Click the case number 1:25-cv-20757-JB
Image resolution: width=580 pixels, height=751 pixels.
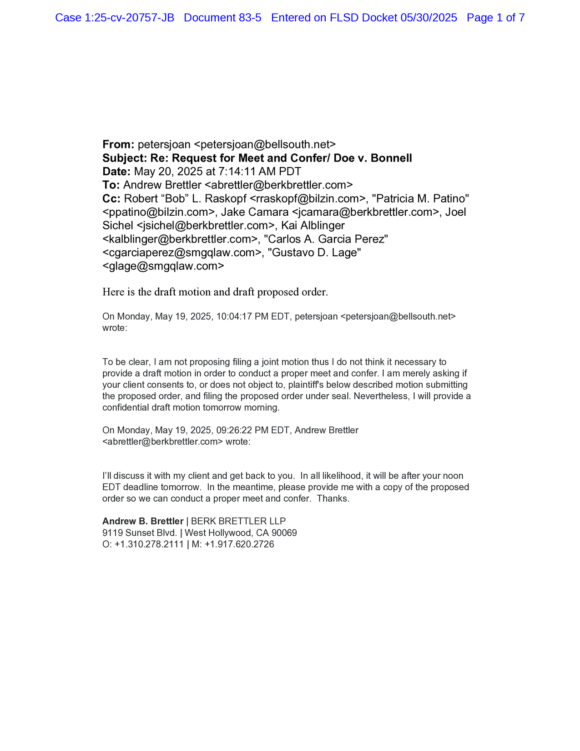point(129,18)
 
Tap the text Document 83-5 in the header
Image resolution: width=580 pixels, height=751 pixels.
point(222,18)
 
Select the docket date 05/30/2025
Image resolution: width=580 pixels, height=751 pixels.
point(429,18)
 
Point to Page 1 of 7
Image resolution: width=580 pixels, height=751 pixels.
point(495,18)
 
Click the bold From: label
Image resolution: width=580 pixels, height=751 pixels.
point(118,145)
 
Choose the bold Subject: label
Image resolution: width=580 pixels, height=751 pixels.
point(125,158)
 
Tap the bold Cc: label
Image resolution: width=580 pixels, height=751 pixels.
point(111,199)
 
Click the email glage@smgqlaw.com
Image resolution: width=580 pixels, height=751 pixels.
point(163,266)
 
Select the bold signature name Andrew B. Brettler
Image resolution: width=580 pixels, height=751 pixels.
point(143,522)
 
